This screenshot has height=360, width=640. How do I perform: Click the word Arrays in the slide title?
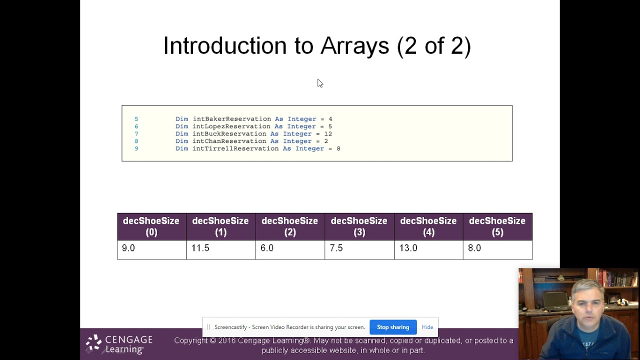tap(354, 46)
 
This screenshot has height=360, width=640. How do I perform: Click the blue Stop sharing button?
tap(393, 327)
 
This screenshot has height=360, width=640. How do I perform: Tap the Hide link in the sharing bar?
tap(427, 327)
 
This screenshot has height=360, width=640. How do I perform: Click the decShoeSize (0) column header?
tap(151, 226)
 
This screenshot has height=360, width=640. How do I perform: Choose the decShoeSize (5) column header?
tap(497, 226)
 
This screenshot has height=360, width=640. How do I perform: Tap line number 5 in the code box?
tap(136, 119)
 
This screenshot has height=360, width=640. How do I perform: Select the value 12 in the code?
tap(328, 134)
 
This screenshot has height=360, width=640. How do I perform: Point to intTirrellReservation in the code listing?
tap(235, 148)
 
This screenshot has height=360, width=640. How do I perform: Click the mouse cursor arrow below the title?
tap(320, 83)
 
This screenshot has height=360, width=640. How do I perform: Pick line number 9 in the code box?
tap(136, 148)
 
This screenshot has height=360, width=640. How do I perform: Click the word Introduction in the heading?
tap(225, 46)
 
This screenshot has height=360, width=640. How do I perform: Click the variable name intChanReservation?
tap(229, 141)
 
